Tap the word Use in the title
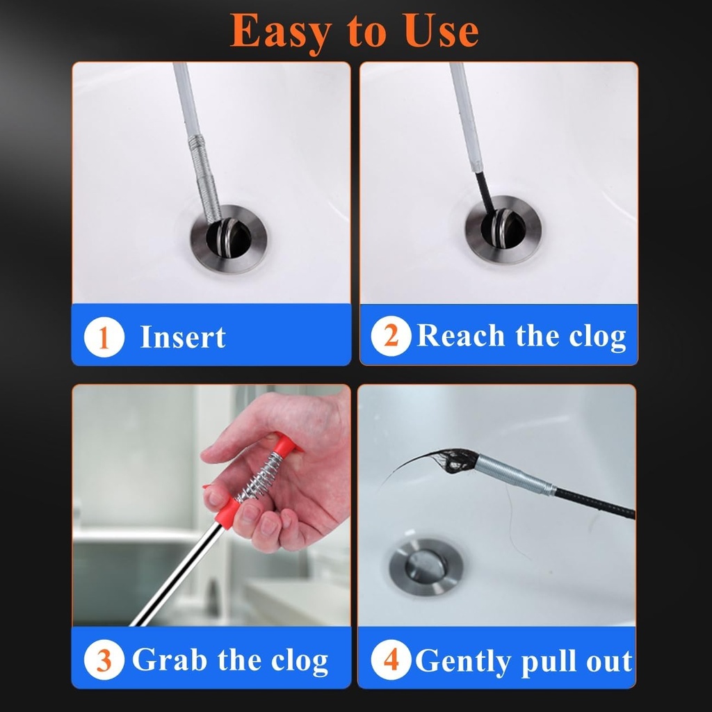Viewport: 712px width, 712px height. coord(437,30)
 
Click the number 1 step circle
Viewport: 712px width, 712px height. coord(104,338)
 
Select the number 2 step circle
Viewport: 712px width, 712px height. coord(391,337)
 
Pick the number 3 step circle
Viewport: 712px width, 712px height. coord(104,660)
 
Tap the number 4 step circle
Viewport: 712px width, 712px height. coord(391,660)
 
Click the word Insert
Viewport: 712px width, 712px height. coord(183,338)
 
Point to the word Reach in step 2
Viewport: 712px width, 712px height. coord(461,337)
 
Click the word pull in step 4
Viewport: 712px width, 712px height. coord(553,661)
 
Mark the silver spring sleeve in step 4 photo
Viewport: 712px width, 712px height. coord(515,476)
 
